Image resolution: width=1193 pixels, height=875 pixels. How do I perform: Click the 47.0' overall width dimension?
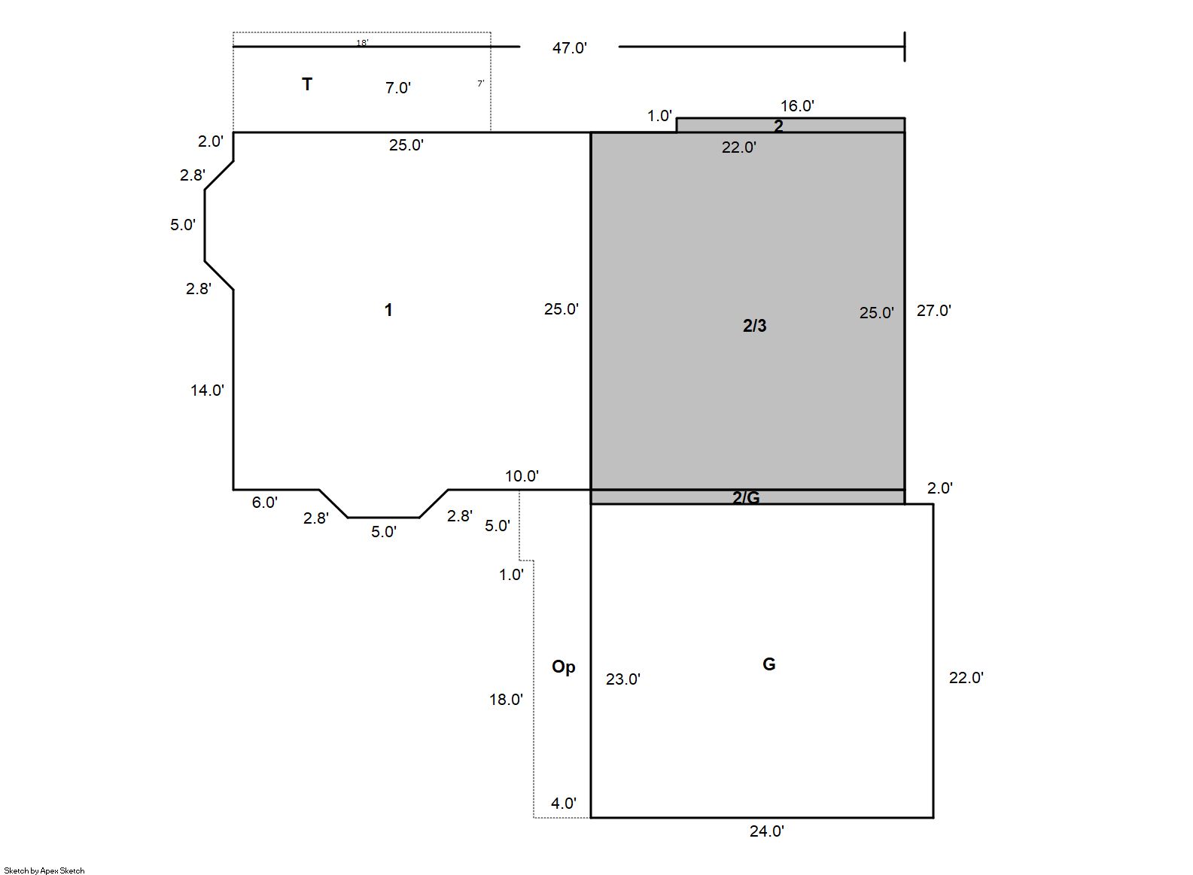pyautogui.click(x=569, y=48)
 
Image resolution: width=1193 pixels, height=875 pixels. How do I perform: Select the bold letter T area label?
pyautogui.click(x=307, y=84)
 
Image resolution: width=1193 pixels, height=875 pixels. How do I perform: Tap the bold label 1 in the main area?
pyautogui.click(x=388, y=310)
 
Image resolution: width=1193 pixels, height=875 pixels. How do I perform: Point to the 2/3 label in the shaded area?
pyautogui.click(x=755, y=325)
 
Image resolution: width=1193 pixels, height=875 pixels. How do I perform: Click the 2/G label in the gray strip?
pyautogui.click(x=746, y=497)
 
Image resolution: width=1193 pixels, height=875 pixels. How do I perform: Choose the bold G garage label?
pyautogui.click(x=769, y=664)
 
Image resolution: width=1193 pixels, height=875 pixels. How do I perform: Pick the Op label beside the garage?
pyautogui.click(x=564, y=667)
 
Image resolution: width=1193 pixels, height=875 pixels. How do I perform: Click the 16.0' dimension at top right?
pyautogui.click(x=797, y=106)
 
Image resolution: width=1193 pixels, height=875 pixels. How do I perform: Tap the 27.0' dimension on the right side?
pyautogui.click(x=933, y=310)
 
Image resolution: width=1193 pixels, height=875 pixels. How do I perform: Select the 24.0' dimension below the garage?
pyautogui.click(x=767, y=831)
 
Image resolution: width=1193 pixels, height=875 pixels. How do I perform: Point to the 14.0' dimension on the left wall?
pyautogui.click(x=207, y=390)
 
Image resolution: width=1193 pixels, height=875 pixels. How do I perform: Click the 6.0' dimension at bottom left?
pyautogui.click(x=265, y=503)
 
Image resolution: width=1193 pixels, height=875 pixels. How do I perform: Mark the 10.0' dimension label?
pyautogui.click(x=522, y=475)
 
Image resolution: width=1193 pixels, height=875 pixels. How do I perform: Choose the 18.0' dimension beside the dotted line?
pyautogui.click(x=506, y=700)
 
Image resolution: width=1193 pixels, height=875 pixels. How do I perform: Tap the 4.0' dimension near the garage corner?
pyautogui.click(x=564, y=803)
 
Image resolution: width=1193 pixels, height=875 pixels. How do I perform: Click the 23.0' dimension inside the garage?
pyautogui.click(x=623, y=679)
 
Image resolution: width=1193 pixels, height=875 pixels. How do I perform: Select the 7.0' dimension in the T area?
pyautogui.click(x=398, y=88)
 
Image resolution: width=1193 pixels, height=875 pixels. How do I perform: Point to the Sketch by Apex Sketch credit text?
pyautogui.click(x=44, y=870)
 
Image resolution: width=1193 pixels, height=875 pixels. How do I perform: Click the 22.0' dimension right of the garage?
pyautogui.click(x=966, y=678)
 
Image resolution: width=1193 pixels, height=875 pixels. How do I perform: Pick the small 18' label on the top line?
pyautogui.click(x=362, y=43)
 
